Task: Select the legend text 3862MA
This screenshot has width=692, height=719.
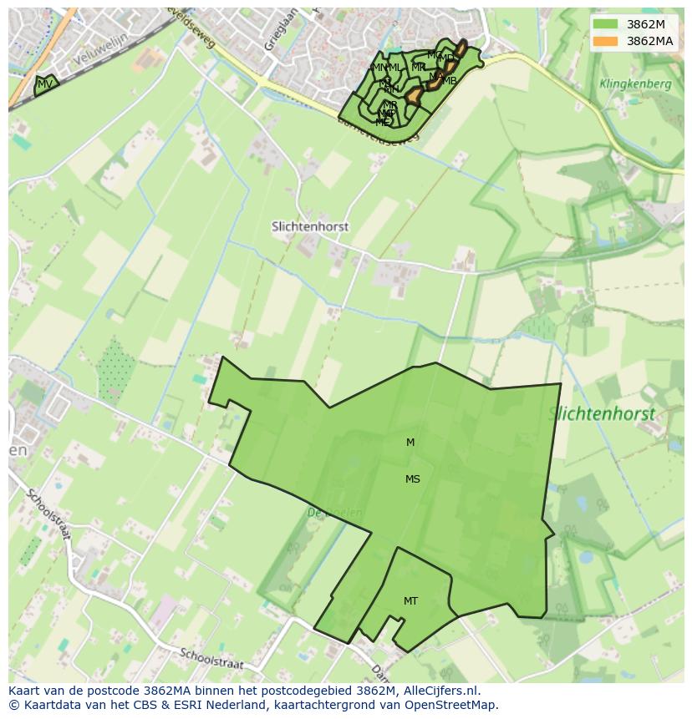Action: (x=649, y=41)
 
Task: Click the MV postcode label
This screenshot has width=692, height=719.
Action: (x=46, y=84)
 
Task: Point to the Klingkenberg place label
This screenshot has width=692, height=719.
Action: (x=635, y=84)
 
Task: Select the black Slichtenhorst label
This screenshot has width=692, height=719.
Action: (x=310, y=226)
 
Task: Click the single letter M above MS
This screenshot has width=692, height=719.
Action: (x=410, y=443)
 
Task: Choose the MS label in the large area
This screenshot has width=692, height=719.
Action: (x=413, y=479)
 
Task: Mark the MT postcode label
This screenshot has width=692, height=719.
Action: (x=410, y=601)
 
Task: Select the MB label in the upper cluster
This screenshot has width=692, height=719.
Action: (x=450, y=81)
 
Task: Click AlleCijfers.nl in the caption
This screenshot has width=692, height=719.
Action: (x=440, y=691)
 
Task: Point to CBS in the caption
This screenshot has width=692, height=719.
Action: (x=145, y=705)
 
